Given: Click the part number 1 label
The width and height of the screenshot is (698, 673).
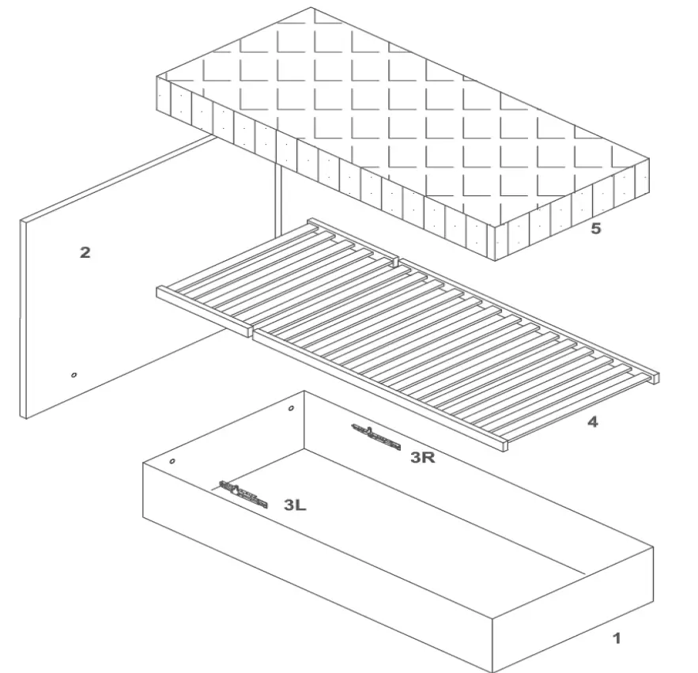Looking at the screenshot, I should click(617, 638).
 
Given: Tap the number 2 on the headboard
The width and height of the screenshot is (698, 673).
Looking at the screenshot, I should click(85, 253).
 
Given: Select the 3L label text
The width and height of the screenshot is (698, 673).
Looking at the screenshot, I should click(295, 505).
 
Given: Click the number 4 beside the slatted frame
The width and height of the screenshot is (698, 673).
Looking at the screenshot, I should click(592, 422).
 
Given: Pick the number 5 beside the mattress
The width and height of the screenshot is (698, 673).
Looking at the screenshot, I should click(595, 229).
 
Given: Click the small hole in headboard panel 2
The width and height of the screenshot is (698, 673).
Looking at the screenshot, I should click(74, 375).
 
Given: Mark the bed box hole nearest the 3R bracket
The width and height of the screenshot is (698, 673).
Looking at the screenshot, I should click(291, 409).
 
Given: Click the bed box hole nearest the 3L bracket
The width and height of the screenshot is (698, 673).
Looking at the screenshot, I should click(172, 460).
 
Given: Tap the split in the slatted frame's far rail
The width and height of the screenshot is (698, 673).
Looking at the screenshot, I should click(395, 259).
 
